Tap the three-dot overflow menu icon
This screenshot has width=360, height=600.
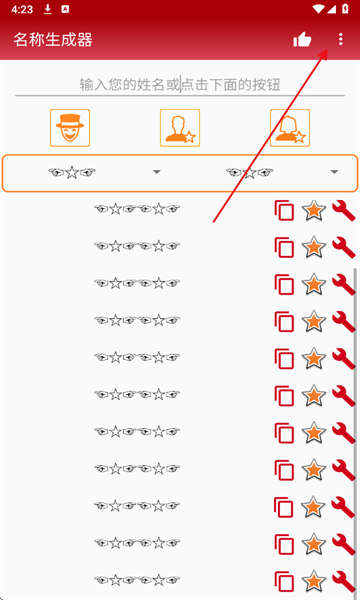(340, 39)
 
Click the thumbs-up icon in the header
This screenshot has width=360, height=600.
(302, 39)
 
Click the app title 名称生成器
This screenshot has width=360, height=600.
(53, 39)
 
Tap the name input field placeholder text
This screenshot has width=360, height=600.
(180, 85)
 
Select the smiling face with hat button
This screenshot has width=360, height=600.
(70, 128)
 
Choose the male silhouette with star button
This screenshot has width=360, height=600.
(180, 128)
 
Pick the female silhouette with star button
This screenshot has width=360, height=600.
(290, 128)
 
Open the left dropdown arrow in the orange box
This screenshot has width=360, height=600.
(156, 172)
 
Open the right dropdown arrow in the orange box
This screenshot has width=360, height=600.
(334, 172)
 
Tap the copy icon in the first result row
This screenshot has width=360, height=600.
(284, 210)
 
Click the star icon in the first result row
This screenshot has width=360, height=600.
(314, 210)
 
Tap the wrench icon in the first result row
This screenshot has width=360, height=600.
(344, 210)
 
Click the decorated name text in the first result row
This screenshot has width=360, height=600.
(137, 209)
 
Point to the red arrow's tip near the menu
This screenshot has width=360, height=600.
(328, 49)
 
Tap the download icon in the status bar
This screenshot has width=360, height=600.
(47, 9)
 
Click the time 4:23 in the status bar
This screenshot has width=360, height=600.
(22, 10)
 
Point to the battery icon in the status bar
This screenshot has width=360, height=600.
(345, 9)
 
